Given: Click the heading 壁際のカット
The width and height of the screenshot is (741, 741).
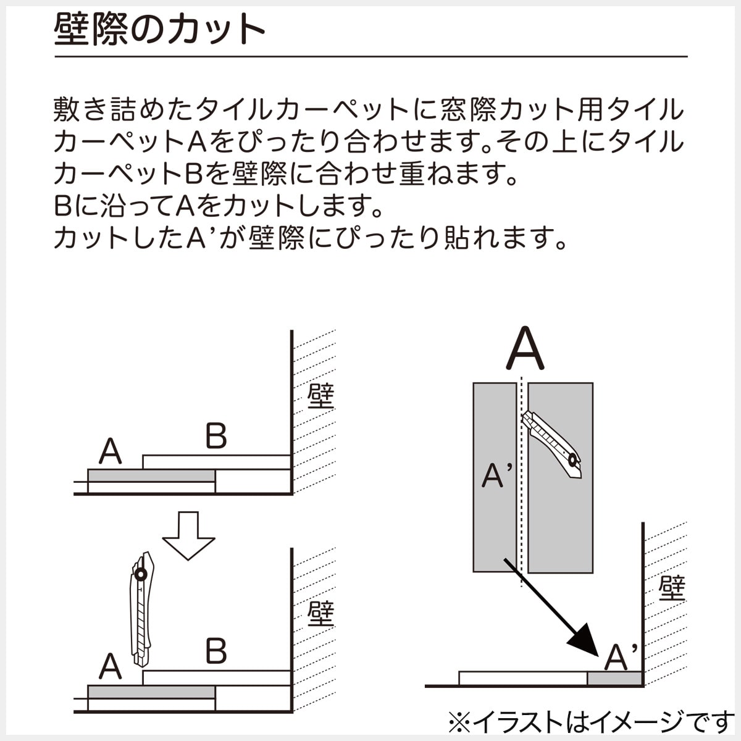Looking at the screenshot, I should point(159,29).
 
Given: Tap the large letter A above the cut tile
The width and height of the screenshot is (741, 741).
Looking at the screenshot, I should point(525,349).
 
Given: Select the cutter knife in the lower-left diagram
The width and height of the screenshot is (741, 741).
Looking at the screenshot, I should point(142,608).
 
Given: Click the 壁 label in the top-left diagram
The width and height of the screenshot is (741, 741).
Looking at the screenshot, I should point(320,396).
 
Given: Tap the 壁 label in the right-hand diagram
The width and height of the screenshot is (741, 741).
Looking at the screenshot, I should point(672,588).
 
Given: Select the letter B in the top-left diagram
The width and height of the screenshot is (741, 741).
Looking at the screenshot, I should point(216,437).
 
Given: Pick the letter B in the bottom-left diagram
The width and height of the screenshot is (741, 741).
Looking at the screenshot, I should point(216,651).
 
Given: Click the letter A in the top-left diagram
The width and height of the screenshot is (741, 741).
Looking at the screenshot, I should point(110,451).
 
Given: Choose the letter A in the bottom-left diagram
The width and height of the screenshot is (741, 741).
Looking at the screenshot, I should point(110,666).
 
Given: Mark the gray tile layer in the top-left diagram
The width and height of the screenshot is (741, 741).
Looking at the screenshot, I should point(151,475).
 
